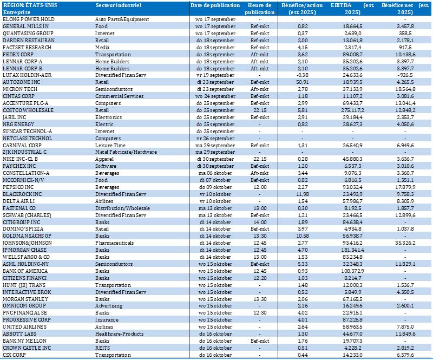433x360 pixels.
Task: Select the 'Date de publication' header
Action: pos(215,5)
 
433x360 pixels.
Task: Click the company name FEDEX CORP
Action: pos(19,55)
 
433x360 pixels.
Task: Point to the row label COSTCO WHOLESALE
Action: pos(28,110)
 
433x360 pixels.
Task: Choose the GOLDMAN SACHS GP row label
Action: pos(27,221)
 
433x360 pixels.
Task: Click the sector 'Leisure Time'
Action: pos(111,146)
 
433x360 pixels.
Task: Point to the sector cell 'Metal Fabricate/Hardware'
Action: pos(125,152)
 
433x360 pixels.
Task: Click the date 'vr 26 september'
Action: pos(215,138)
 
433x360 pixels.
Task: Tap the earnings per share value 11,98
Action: pos(303,193)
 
